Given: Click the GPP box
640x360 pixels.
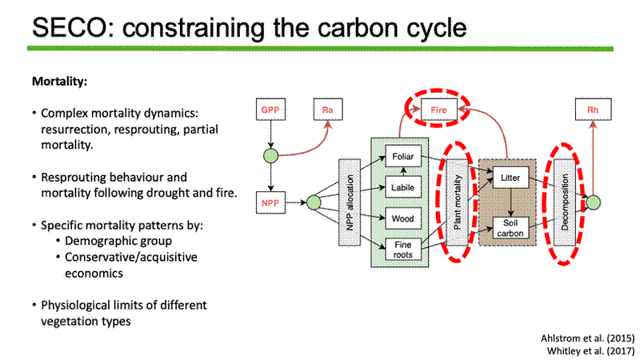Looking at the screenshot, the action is [270, 110].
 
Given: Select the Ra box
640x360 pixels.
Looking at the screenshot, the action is [328, 110].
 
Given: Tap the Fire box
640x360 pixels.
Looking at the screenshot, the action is [438, 110].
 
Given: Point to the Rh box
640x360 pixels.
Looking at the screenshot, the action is [593, 110].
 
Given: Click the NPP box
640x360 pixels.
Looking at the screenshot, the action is [270, 202].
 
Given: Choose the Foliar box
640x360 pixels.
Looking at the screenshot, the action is [403, 156].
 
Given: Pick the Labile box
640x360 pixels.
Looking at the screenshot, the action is [403, 187].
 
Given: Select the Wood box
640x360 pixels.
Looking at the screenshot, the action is [403, 218].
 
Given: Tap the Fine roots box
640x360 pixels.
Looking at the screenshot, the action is [403, 250].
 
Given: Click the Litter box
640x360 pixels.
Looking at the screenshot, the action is [510, 178].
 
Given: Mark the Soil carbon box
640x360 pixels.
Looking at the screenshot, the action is [510, 228].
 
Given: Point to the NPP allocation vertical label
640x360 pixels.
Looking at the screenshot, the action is [350, 202].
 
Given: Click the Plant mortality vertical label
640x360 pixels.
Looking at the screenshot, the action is [457, 202].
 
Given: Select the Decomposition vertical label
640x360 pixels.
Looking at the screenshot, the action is [565, 202].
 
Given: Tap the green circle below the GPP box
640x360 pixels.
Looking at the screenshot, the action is [270, 156].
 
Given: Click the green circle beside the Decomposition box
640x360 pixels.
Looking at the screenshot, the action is [593, 202].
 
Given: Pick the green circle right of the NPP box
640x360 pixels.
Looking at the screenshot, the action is [314, 202].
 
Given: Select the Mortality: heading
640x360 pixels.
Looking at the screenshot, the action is [59, 82].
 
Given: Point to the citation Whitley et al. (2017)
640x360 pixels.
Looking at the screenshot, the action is [590, 350].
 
